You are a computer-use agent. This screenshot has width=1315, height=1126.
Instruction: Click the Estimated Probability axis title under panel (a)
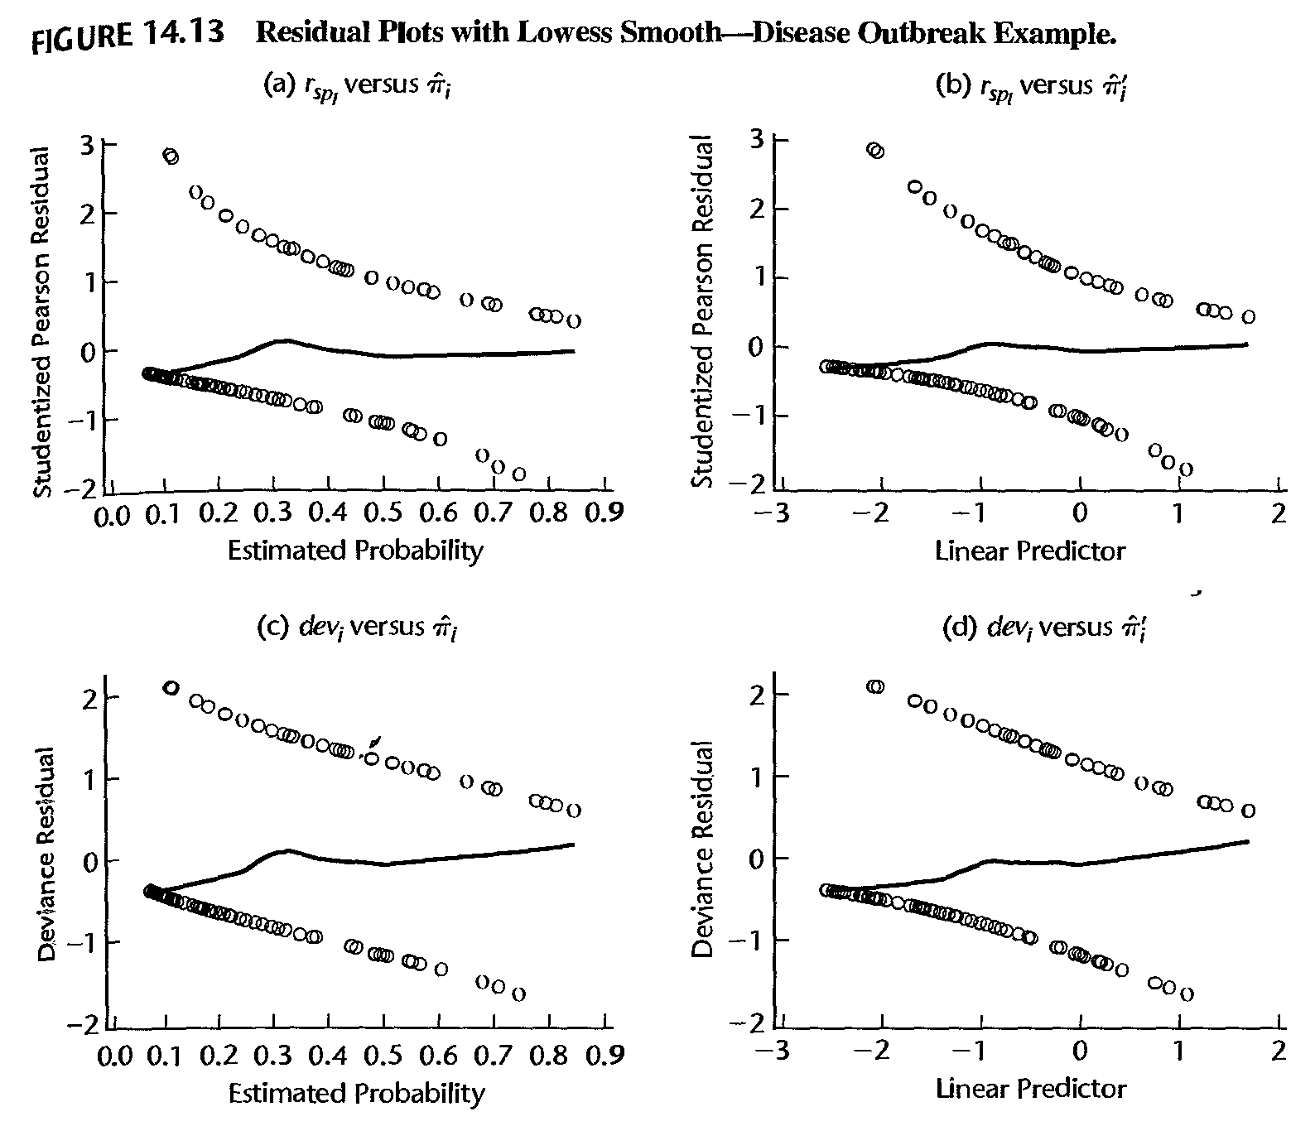pyautogui.click(x=355, y=551)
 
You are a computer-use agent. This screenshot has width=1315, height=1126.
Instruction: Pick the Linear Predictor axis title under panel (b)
pyautogui.click(x=1030, y=551)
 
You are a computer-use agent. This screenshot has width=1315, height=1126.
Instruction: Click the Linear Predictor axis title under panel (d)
pyautogui.click(x=1030, y=1088)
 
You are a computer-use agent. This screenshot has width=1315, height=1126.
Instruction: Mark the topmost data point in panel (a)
pyautogui.click(x=171, y=156)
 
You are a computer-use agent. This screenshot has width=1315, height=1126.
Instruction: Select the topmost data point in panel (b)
pyautogui.click(x=875, y=150)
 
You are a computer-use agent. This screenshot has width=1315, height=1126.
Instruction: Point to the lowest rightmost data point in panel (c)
pyautogui.click(x=519, y=994)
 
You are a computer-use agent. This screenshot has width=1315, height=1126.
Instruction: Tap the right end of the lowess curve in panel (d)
pyautogui.click(x=1247, y=841)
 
